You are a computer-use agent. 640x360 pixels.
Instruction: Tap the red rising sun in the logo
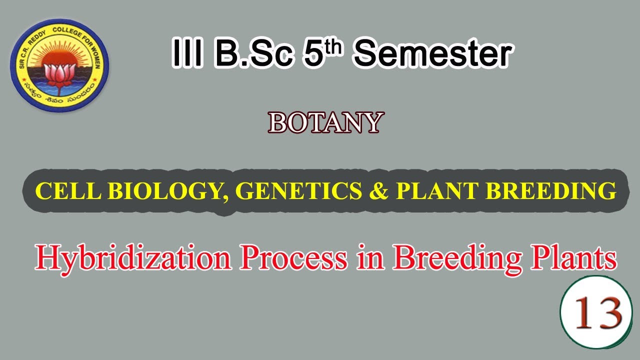pos(59,56)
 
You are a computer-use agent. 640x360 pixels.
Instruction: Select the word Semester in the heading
pos(433,54)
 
